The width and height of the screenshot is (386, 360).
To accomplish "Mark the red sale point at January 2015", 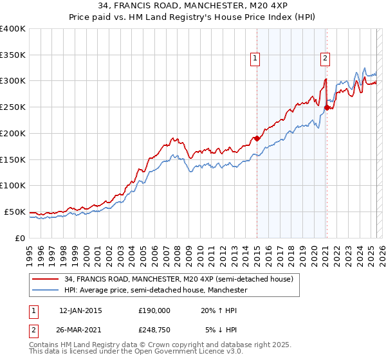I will point(257,138).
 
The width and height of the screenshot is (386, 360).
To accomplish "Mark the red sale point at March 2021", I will point(327,108).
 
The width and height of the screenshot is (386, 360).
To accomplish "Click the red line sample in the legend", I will point(46,279).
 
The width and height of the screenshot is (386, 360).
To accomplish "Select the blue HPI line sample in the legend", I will point(46,291).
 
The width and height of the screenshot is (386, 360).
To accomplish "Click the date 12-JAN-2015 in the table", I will point(80,310).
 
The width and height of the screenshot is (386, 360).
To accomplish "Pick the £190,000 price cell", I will point(154,310).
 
